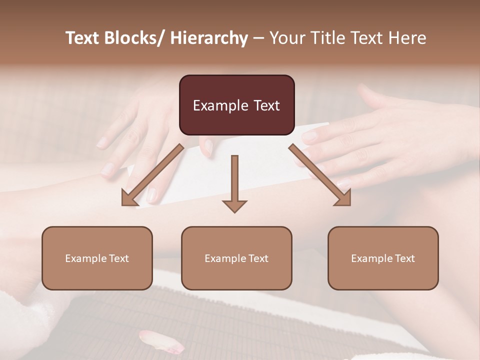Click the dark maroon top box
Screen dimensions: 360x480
[236, 105]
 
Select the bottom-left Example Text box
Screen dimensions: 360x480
[97, 258]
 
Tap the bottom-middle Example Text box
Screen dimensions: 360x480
[236, 258]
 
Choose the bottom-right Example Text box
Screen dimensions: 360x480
[383, 258]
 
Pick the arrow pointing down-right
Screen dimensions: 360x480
[320, 175]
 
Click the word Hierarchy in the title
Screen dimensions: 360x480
[209, 38]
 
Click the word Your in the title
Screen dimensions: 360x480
[286, 38]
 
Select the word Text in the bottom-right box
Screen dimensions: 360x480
[404, 258]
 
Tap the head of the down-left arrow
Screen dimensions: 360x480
[129, 198]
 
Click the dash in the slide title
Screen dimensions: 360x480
[258, 38]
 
